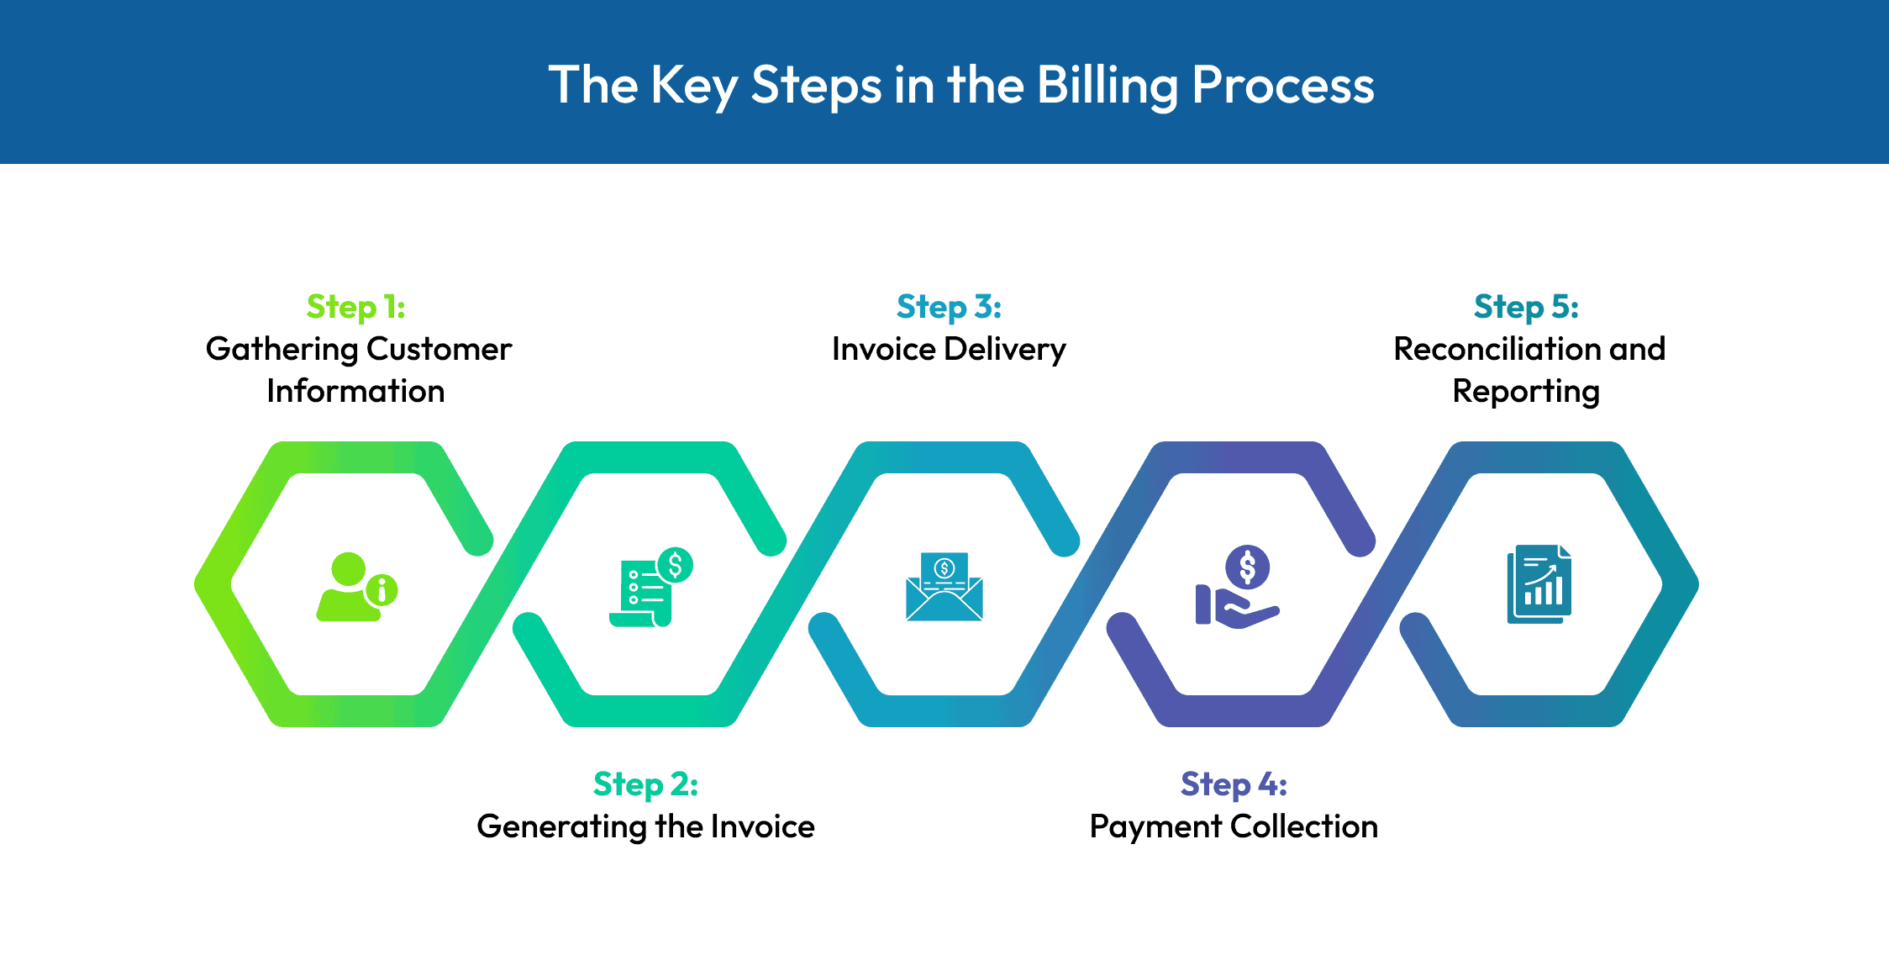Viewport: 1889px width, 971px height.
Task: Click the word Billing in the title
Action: tap(1107, 86)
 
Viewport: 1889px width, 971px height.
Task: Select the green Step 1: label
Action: tap(355, 307)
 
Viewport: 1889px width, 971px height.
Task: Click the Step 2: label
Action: tap(645, 784)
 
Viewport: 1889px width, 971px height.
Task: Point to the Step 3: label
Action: tap(949, 307)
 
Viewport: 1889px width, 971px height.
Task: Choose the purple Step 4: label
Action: tap(1234, 784)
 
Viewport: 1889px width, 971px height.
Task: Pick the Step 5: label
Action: tap(1526, 307)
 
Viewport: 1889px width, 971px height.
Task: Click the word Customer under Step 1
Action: tap(439, 349)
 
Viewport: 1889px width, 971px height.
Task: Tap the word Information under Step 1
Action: tap(355, 391)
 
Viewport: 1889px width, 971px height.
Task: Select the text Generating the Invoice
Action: tap(645, 826)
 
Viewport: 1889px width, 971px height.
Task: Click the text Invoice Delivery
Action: tap(949, 349)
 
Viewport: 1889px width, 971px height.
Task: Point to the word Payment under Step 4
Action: tap(1155, 827)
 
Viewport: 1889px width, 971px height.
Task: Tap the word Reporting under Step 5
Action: tap(1526, 392)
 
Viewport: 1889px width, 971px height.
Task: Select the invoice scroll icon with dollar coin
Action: tap(650, 587)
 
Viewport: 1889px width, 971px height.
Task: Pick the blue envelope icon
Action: tap(944, 587)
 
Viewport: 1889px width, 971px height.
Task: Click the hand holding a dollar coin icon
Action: tap(1237, 587)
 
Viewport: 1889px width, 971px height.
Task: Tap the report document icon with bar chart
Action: tap(1539, 584)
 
